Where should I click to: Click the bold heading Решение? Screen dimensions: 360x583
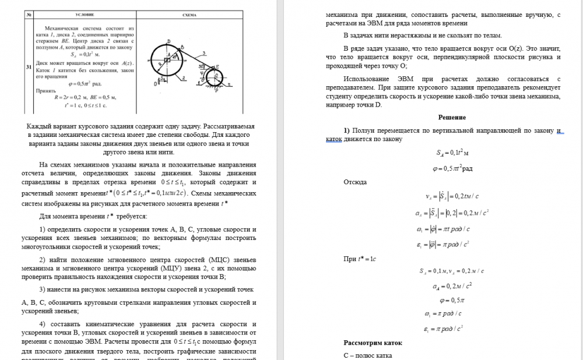click(452, 117)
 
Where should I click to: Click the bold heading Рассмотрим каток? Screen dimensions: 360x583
click(373, 343)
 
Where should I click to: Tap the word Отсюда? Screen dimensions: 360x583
click(355, 182)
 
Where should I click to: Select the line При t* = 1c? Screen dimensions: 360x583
click(360, 258)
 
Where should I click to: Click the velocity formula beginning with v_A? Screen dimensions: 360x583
click(452, 196)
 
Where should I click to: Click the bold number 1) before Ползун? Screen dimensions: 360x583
click(347, 129)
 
